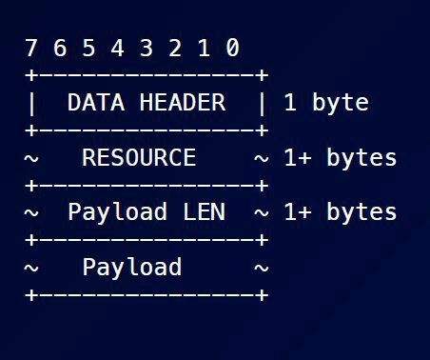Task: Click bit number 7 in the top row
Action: click(x=31, y=48)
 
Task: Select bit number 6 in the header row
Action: click(x=60, y=48)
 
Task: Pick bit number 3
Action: click(x=147, y=48)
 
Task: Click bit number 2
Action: click(x=175, y=48)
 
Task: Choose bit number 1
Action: click(x=204, y=48)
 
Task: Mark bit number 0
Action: click(x=232, y=48)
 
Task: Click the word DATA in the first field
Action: click(x=96, y=102)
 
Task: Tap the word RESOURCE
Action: click(x=139, y=157)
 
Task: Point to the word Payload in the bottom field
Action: click(x=131, y=267)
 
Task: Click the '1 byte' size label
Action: click(x=325, y=103)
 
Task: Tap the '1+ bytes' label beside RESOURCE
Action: click(x=340, y=157)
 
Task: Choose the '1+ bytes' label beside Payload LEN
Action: click(x=340, y=211)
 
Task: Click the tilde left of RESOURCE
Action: click(x=31, y=158)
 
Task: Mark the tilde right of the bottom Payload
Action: click(x=261, y=268)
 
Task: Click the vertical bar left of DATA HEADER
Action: click(x=31, y=102)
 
